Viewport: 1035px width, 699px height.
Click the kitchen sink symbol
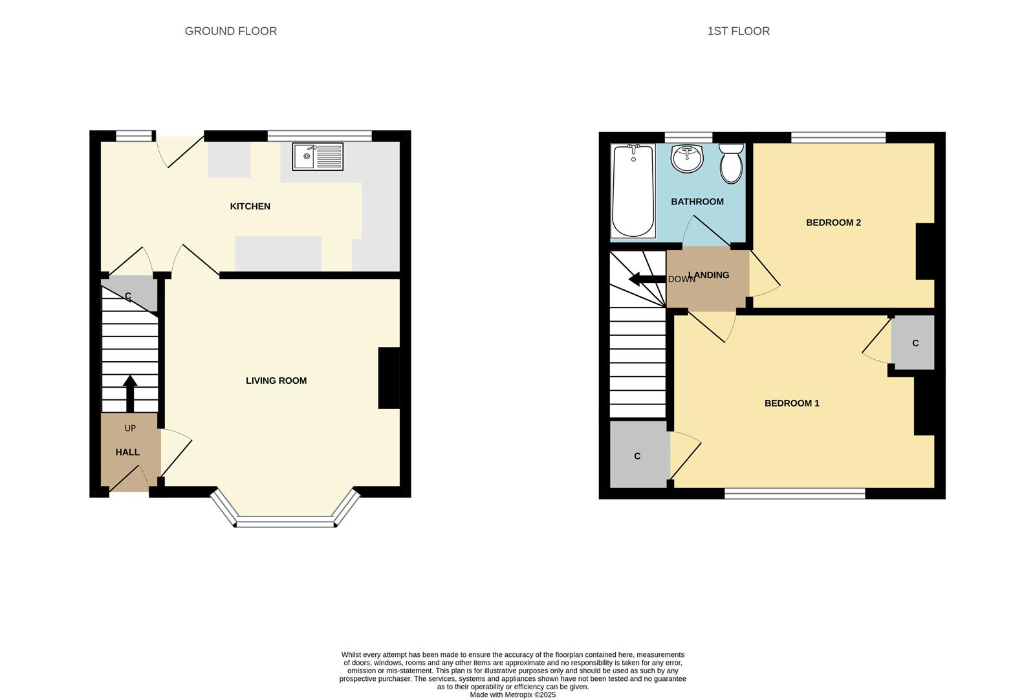317,157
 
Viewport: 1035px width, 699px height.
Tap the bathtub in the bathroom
633,191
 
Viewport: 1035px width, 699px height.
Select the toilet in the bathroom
732,164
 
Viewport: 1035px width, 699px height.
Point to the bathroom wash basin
687,159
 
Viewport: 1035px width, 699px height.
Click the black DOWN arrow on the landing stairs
643,279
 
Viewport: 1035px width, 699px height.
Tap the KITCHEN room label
250,206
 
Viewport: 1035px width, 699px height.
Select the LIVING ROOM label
276,381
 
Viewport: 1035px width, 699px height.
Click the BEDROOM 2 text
833,223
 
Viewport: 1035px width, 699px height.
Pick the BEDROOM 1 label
792,403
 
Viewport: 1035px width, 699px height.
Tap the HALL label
127,452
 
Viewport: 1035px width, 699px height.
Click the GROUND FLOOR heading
231,31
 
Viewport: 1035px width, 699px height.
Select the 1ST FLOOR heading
738,31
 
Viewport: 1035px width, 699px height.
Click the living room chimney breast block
389,378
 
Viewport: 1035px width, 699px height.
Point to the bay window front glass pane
285,522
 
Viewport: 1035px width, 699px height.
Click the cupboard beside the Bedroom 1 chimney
913,343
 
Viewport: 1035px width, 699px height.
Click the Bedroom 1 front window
794,494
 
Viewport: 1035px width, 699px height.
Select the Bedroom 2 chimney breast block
925,251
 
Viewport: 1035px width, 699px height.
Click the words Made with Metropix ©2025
512,695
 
